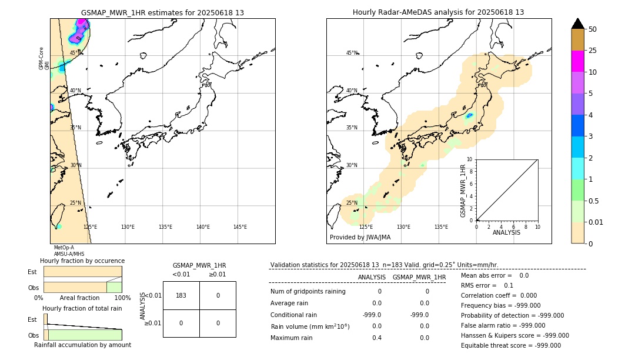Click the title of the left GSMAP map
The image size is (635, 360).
[x=162, y=12]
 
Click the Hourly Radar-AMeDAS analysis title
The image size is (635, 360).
[x=438, y=12]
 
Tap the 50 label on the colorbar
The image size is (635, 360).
[x=593, y=29]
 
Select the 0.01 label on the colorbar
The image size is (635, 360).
[x=596, y=222]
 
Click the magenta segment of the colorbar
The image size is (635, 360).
[x=577, y=61]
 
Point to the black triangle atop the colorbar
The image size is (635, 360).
[x=577, y=24]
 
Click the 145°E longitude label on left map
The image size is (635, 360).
[x=240, y=227]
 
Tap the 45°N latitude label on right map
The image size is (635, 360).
[x=352, y=54]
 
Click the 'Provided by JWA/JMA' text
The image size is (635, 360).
[x=360, y=238]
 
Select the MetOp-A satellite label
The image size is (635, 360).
[x=64, y=248]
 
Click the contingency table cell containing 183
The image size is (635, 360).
[x=181, y=295]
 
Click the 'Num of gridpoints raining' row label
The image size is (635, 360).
[x=308, y=291]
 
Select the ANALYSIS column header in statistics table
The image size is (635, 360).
[x=372, y=277]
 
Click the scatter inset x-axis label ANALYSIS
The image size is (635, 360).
[x=506, y=232]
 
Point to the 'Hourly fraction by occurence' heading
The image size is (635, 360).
[x=82, y=261]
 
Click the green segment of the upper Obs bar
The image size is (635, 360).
[x=114, y=287]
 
